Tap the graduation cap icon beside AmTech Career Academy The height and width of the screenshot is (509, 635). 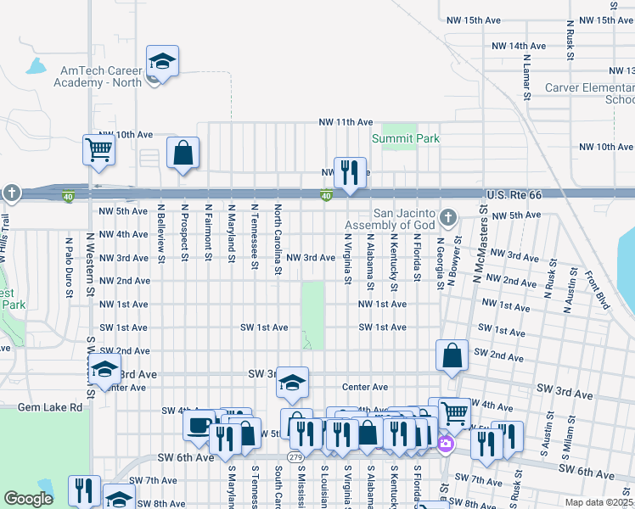coord(162,62)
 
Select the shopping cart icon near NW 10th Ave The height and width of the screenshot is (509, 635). coord(99,151)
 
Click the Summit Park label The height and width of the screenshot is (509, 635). coord(405,138)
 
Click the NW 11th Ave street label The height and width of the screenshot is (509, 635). coord(346,122)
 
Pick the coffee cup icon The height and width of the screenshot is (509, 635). coord(199,425)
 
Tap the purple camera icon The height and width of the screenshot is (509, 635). coord(445,443)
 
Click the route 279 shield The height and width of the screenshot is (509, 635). coord(295,457)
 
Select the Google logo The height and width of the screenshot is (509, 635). coord(28,500)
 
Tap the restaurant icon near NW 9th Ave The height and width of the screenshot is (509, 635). coord(349,172)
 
